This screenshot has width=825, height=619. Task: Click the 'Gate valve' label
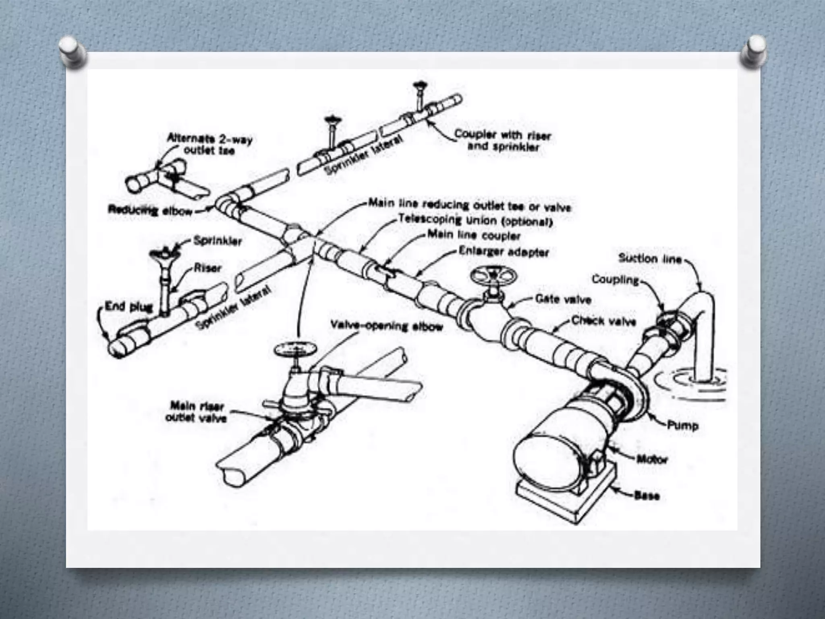click(x=563, y=299)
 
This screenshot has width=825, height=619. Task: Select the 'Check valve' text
click(x=604, y=321)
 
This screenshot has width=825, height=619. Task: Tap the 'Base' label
click(x=647, y=495)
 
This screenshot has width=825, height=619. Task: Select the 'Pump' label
click(x=682, y=425)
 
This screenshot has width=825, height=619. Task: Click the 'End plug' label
click(x=129, y=307)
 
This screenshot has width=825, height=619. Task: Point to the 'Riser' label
click(x=207, y=268)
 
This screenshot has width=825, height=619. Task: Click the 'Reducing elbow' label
click(x=150, y=210)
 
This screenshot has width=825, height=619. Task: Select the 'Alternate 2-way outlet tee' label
click(x=209, y=145)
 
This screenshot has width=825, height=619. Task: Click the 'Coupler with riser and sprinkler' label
click(x=502, y=140)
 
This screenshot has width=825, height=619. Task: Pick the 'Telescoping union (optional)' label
click(x=475, y=220)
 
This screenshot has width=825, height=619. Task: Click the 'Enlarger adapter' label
click(x=504, y=252)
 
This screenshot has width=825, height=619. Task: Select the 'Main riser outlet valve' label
click(x=197, y=412)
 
